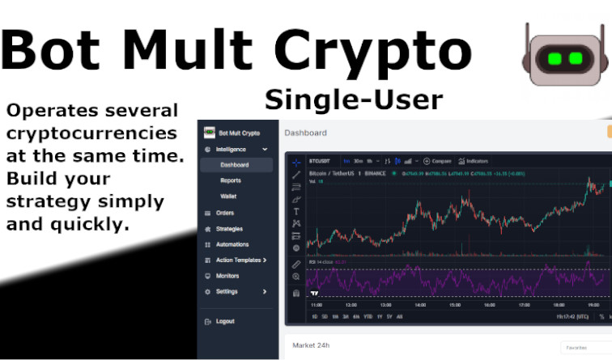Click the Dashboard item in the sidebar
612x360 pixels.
point(234,165)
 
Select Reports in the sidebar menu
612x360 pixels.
point(230,180)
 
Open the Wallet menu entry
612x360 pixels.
point(228,197)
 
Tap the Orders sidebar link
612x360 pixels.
point(225,213)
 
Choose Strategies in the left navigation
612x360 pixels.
point(229,229)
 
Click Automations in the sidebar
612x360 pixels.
point(232,244)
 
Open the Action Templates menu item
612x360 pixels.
point(238,260)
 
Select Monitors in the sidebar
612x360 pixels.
point(227,276)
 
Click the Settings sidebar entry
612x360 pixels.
point(227,291)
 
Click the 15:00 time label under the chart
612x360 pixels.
point(455,305)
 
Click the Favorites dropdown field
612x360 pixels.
point(581,348)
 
